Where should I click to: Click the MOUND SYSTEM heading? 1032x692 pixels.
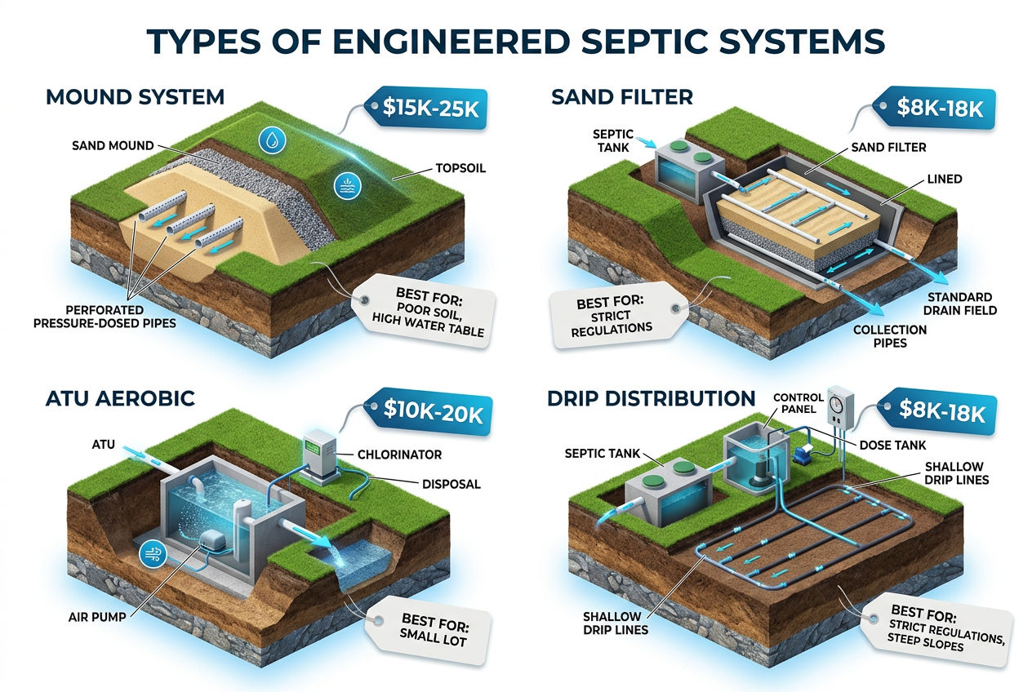tap(135, 98)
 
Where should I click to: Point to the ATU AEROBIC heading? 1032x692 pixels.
tap(120, 399)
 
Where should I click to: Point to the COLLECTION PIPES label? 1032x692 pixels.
tap(889, 336)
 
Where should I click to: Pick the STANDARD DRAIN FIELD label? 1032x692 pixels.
tap(960, 304)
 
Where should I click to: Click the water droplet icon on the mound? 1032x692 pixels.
tap(269, 140)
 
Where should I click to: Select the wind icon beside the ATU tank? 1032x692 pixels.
tap(153, 552)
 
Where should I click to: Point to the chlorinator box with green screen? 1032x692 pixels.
tap(316, 456)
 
